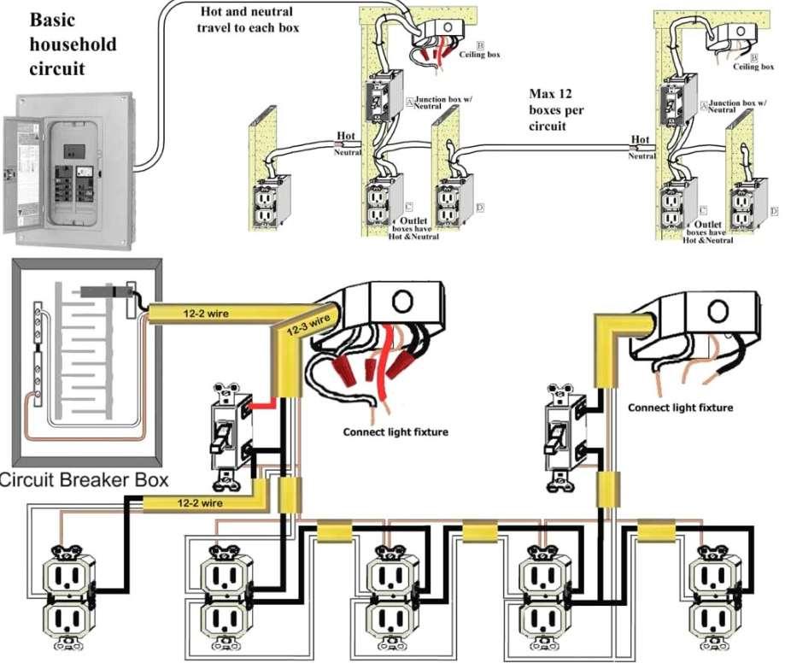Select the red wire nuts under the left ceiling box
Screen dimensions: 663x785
pos(366,365)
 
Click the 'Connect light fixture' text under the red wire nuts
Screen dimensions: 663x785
pos(395,431)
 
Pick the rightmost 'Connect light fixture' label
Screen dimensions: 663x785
pos(680,408)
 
